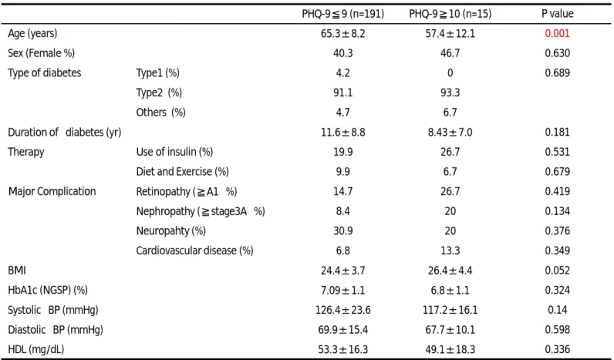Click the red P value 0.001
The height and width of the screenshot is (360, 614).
tap(557, 33)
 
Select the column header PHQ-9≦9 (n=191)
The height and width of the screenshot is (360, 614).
tap(342, 14)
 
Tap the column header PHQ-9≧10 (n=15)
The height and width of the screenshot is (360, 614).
tap(450, 14)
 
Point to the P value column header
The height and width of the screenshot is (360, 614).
tap(557, 14)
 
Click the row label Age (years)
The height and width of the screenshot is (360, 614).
tap(32, 34)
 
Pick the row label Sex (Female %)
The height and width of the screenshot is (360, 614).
tap(41, 53)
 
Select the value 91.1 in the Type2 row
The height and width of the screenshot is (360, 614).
tap(342, 93)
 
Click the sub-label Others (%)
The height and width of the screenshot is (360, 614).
tap(160, 113)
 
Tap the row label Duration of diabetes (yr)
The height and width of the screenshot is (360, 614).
tap(65, 133)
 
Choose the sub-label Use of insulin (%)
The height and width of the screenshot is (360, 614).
tap(174, 152)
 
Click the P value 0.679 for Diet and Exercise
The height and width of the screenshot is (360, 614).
tap(557, 172)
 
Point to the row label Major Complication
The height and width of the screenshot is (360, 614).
tap(52, 191)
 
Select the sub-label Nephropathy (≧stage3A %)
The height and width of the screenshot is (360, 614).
tap(201, 211)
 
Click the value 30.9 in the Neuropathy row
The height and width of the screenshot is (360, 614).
tap(342, 230)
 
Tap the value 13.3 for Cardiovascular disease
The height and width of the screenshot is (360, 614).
tap(450, 251)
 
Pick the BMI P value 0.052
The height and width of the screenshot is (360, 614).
tap(557, 271)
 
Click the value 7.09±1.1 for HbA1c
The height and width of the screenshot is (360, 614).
tap(342, 291)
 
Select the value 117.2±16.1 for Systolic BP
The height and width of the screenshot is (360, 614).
tap(450, 310)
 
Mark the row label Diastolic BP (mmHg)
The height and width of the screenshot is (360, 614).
tap(56, 330)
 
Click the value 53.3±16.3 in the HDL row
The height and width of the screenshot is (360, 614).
tap(342, 349)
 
